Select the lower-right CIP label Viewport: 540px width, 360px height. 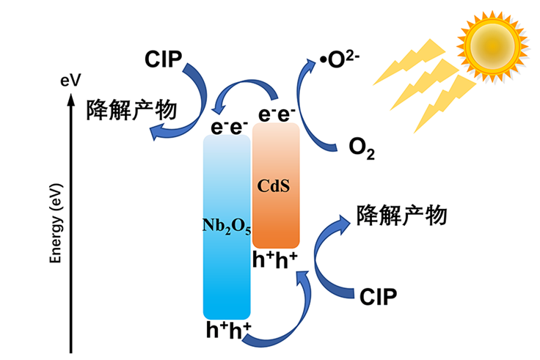pos(379,296)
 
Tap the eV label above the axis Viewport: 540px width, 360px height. pos(70,81)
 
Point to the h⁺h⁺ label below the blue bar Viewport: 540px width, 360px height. pos(228,330)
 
